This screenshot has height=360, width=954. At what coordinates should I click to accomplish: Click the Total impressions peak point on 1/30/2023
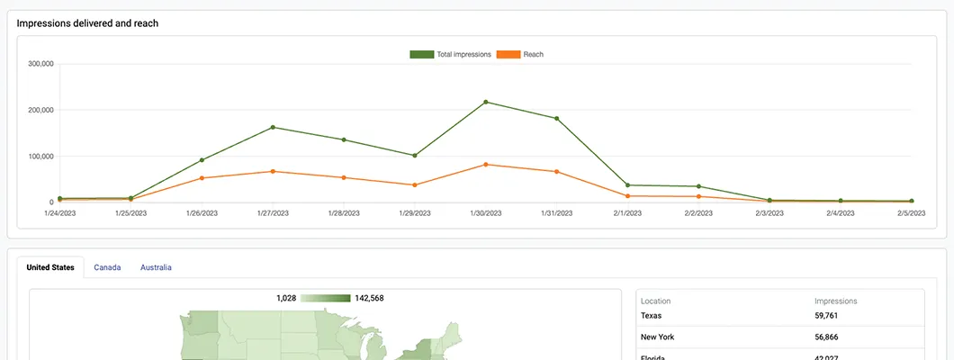pos(486,102)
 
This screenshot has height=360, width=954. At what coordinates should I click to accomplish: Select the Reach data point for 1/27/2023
pos(273,171)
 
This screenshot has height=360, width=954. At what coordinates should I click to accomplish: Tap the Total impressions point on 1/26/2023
pos(202,160)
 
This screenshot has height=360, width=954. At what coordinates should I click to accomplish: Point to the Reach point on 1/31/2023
pos(557,172)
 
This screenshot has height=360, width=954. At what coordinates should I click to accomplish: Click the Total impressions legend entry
pos(451,55)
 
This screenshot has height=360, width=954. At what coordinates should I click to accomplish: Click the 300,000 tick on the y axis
pos(41,64)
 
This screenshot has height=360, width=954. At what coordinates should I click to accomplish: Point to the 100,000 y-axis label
pos(41,157)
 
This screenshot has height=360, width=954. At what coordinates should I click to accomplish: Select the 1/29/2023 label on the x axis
pos(415,214)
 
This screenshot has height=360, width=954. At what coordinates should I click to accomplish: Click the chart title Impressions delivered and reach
pos(87,23)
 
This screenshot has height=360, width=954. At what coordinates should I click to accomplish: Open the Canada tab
pos(107,267)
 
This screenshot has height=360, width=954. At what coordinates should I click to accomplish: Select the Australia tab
pos(156,267)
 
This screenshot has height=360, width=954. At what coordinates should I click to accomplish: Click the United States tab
pos(50,267)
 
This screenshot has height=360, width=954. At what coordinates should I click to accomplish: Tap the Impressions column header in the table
pos(835,301)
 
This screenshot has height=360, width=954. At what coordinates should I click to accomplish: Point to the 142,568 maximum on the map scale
pos(369,298)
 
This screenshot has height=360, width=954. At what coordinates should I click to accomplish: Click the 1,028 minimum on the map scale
pos(286,298)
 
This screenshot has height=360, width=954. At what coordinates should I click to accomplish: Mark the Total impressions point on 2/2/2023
pos(698,186)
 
